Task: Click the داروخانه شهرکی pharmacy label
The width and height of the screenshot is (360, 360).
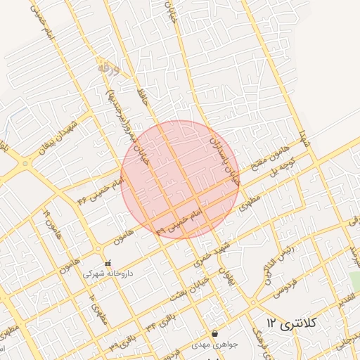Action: [x=108, y=273]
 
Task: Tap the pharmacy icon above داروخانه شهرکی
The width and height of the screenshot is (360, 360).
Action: [x=108, y=263]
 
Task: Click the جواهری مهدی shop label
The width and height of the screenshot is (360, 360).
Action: [x=214, y=345]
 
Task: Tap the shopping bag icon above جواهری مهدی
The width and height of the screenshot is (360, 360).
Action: [x=214, y=334]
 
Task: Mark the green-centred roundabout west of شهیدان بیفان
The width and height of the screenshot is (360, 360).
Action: [x=26, y=163]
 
